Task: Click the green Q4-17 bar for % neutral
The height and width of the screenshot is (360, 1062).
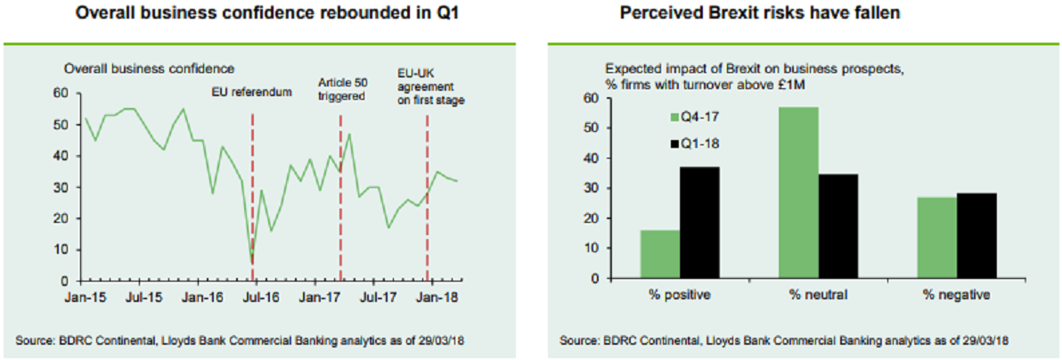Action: [x=798, y=192]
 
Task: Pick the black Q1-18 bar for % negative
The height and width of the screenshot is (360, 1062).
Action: [x=976, y=235]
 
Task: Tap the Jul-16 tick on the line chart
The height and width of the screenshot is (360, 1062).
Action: [x=259, y=298]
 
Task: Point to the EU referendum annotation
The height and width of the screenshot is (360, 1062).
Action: [x=251, y=92]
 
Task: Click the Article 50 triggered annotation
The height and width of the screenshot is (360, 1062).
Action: [x=342, y=89]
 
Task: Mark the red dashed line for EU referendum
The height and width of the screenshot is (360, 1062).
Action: [x=253, y=178]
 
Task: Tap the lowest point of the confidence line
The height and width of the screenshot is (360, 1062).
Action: [x=252, y=262]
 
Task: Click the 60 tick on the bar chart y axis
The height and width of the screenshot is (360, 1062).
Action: [x=591, y=98]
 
